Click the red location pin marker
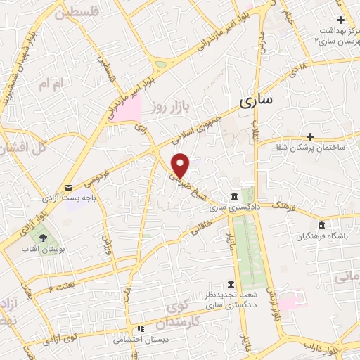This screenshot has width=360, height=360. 181,165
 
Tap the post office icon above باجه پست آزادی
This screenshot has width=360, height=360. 68,187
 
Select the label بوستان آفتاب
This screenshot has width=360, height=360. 44,250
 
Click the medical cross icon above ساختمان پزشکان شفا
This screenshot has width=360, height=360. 310,136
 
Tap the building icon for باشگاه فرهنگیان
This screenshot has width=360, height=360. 321,225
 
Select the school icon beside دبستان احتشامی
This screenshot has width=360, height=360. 141,328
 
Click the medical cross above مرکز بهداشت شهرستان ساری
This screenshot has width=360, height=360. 340,20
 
